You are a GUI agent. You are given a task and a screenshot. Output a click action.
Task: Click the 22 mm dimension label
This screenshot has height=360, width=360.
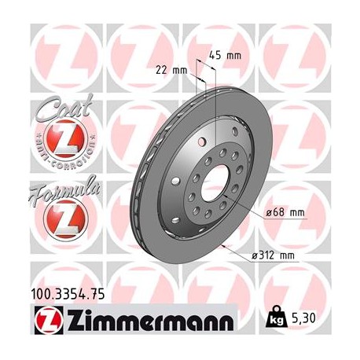click(172, 69)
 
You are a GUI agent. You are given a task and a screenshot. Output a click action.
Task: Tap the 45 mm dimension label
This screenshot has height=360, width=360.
click(226, 55)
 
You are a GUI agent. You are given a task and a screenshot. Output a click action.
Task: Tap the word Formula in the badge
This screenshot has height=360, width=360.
click(63, 189)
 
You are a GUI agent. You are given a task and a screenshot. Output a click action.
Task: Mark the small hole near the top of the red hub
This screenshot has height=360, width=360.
click(204, 140)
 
